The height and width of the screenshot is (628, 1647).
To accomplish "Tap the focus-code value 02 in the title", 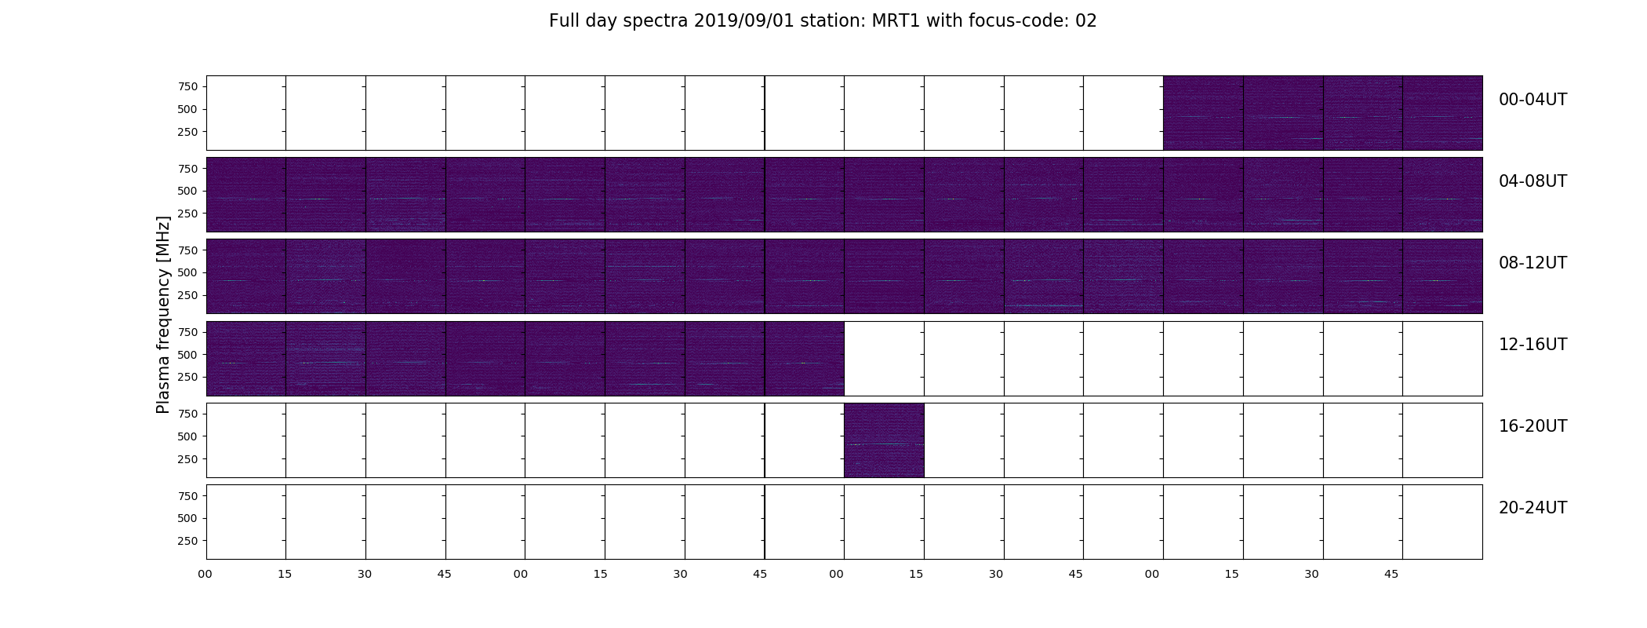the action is click(x=1086, y=21).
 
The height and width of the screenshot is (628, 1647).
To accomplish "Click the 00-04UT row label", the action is click(x=1532, y=100).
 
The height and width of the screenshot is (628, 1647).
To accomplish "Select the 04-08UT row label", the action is click(x=1532, y=181).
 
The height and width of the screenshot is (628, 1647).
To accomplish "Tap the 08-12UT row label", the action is click(x=1532, y=263).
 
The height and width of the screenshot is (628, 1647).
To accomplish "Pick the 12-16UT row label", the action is click(x=1532, y=345).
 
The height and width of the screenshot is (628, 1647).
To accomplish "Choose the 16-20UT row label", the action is click(x=1532, y=426).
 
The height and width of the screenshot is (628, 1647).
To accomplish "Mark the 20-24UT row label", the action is click(x=1532, y=508).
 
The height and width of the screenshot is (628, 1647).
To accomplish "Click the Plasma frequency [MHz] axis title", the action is click(x=163, y=315).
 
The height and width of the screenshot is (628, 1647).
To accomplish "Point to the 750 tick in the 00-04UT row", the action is click(x=187, y=86).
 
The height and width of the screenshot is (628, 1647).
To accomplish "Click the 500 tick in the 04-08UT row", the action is click(x=187, y=191).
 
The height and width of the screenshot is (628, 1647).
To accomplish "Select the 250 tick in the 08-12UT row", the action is click(x=187, y=295).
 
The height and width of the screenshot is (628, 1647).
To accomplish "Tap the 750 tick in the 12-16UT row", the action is click(x=187, y=332).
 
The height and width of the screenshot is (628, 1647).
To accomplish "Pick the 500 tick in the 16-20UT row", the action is click(x=187, y=436).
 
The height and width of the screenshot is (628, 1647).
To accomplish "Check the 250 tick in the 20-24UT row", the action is click(x=187, y=541).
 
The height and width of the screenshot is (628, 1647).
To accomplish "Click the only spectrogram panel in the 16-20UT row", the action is click(x=884, y=440).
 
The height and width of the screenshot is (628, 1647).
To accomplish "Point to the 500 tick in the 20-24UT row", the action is click(x=187, y=518).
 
